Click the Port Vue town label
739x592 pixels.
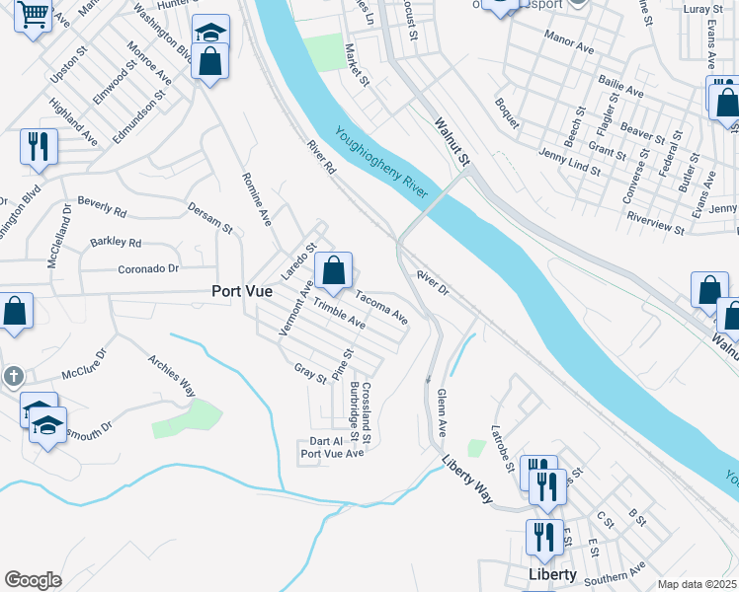242,291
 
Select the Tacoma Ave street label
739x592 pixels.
381,307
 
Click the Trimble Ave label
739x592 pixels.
339,315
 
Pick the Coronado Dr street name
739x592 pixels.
148,267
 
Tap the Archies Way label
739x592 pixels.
171,375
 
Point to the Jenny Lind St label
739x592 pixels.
570,162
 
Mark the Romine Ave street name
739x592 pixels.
256,197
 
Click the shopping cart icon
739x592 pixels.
33,16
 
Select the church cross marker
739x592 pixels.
13,376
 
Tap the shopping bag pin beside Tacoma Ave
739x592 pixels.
334,269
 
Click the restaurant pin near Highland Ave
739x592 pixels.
39,147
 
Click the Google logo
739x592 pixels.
33,580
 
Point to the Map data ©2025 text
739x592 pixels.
696,584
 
